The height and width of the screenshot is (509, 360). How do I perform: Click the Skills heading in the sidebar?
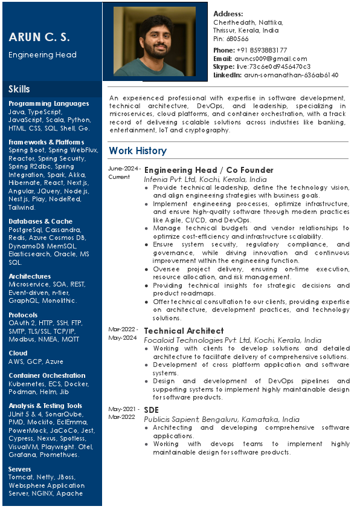[x=19, y=89]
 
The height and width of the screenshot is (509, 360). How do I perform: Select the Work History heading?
[x=137, y=151]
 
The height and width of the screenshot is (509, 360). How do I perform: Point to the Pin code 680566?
[x=238, y=39]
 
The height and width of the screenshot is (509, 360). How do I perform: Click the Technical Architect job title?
[x=184, y=331]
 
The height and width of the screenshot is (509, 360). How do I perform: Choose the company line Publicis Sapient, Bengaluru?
[x=221, y=420]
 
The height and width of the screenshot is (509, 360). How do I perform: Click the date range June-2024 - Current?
[x=124, y=173]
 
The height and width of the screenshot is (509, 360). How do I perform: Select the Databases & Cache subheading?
[x=40, y=221]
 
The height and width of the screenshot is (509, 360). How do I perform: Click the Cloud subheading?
[x=18, y=353]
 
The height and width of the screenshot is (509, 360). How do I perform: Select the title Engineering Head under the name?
[x=42, y=55]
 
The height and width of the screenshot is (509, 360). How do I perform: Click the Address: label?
[x=228, y=14]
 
